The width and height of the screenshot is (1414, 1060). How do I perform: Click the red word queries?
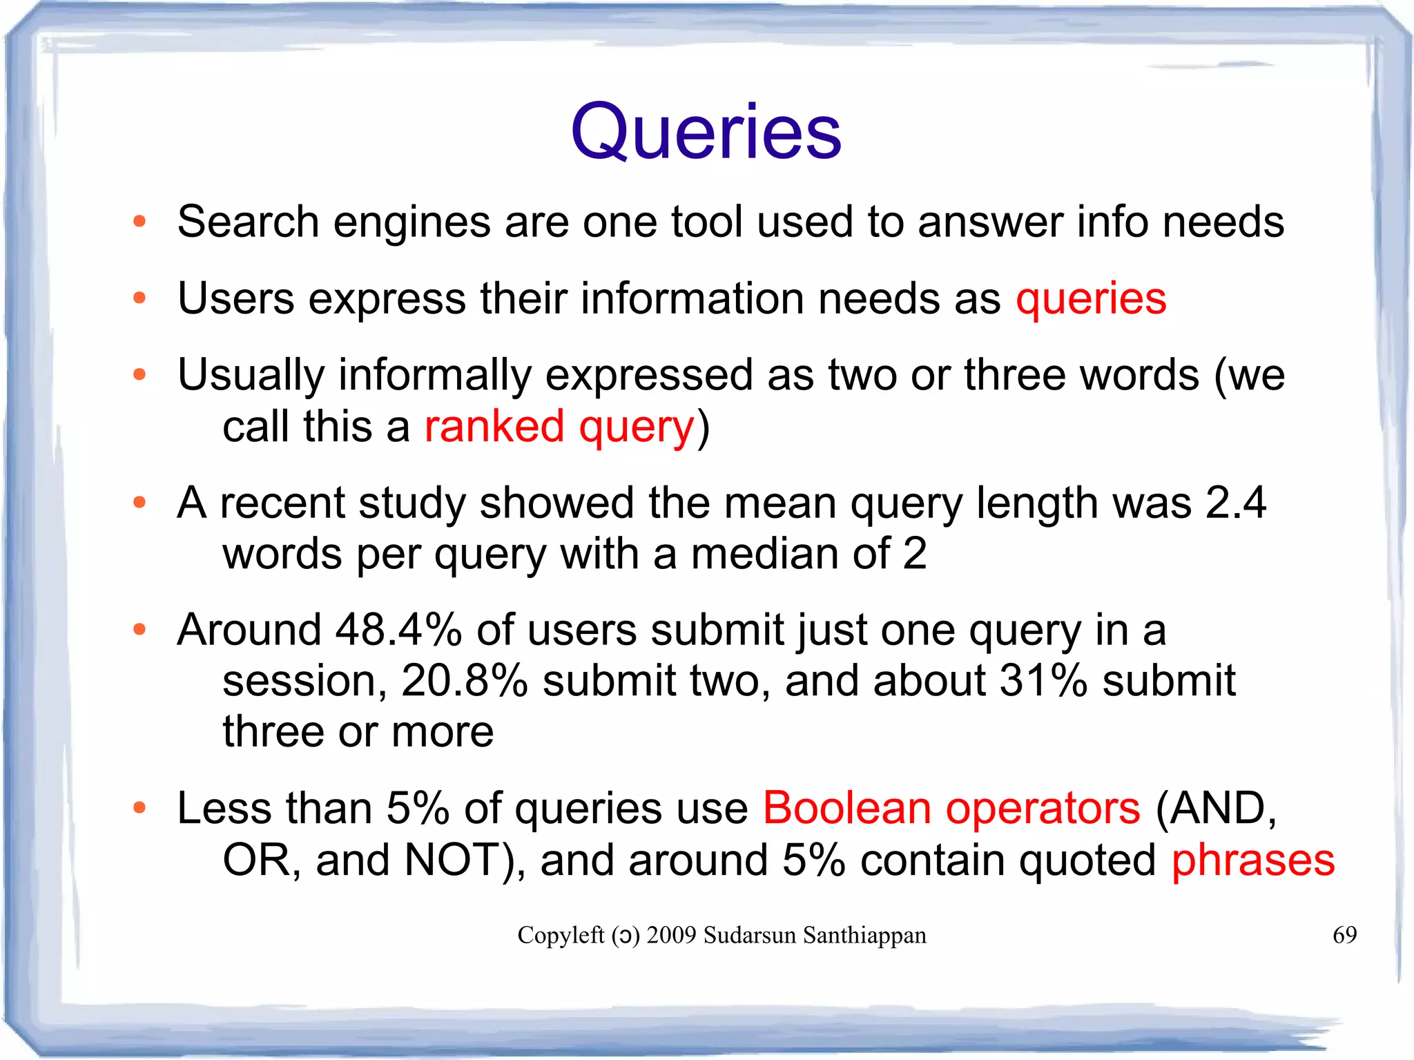tap(1091, 299)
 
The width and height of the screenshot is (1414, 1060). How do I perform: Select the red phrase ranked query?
tap(559, 426)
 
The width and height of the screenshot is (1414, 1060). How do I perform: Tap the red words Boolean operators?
tap(951, 808)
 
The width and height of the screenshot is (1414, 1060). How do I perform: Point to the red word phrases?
tap(1253, 860)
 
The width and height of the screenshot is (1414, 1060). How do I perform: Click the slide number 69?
tap(1344, 935)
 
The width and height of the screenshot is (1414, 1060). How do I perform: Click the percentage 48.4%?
tap(398, 630)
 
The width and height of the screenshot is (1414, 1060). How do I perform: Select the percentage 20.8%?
tap(465, 681)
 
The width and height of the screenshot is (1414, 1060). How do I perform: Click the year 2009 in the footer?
tap(671, 935)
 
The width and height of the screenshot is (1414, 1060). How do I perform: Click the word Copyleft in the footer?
tap(561, 935)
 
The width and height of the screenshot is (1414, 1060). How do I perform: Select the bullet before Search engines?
tap(140, 222)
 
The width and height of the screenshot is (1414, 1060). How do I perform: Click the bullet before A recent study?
tap(140, 502)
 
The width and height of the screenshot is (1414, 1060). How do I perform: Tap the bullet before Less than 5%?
tap(140, 808)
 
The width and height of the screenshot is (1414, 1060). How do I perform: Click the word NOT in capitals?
tap(453, 860)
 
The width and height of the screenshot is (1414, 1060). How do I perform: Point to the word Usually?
tap(251, 376)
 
